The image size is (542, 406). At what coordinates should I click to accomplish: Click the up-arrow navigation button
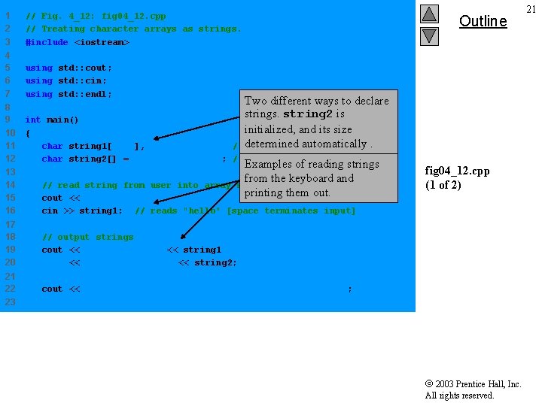pyautogui.click(x=429, y=14)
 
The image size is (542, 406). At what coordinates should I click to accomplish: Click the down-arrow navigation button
pyautogui.click(x=429, y=35)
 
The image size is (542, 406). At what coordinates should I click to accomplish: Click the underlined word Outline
pyautogui.click(x=483, y=21)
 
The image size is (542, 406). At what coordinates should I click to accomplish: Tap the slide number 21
pyautogui.click(x=531, y=9)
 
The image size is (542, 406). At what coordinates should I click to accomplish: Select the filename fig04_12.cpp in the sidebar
pyautogui.click(x=457, y=171)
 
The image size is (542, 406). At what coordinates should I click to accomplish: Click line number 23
pyautogui.click(x=10, y=301)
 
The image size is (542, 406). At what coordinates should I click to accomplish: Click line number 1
pyautogui.click(x=8, y=16)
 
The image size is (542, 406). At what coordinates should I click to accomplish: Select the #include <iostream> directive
pyautogui.click(x=78, y=42)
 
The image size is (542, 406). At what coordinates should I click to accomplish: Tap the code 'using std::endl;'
pyautogui.click(x=69, y=94)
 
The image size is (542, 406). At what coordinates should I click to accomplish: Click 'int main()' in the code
pyautogui.click(x=52, y=120)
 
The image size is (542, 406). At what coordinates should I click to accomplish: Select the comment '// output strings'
pyautogui.click(x=87, y=237)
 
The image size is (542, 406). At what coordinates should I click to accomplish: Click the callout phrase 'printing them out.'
pyautogui.click(x=288, y=192)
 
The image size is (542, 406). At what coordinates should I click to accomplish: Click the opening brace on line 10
pyautogui.click(x=28, y=133)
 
